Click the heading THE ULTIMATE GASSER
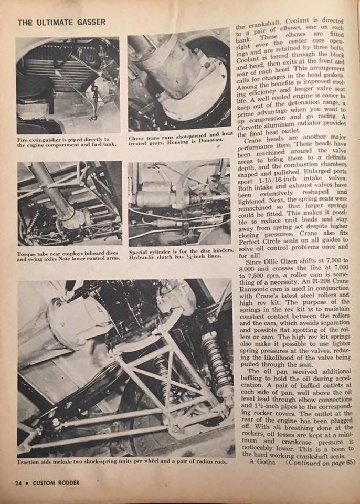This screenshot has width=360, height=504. tap(61, 22)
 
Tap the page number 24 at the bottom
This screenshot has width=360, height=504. tap(20, 482)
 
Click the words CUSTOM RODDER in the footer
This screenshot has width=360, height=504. tap(55, 482)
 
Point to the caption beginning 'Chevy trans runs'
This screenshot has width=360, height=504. tap(179, 139)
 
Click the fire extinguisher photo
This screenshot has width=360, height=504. tap(68, 85)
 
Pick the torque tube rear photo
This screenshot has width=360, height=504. tap(69, 203)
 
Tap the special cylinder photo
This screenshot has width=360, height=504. tap(179, 203)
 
